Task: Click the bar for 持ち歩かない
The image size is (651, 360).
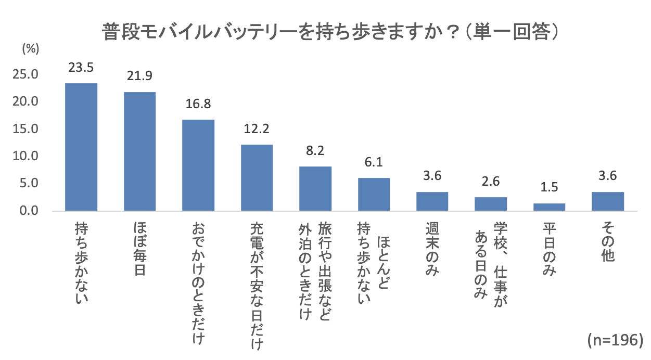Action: click(81, 147)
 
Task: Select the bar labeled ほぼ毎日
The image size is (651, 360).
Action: click(139, 151)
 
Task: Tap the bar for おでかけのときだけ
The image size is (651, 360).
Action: click(198, 165)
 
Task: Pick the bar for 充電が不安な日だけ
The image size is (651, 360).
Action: click(257, 178)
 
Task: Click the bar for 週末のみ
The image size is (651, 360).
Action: click(432, 201)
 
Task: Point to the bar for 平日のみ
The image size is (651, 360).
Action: click(549, 207)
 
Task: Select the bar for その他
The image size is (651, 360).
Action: click(607, 201)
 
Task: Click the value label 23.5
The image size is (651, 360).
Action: click(81, 67)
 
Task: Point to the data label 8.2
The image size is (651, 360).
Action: click(315, 151)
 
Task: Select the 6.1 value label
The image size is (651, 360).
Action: click(374, 162)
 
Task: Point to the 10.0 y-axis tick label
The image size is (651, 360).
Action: click(27, 156)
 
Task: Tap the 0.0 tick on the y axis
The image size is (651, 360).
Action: click(29, 211)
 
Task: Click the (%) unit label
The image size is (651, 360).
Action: click(30, 49)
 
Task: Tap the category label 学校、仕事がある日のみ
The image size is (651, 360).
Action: click(490, 260)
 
